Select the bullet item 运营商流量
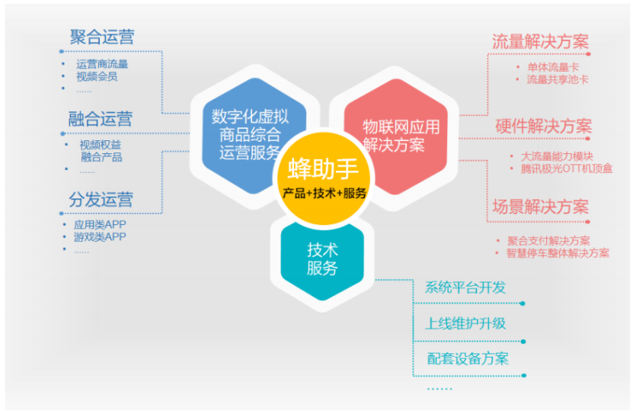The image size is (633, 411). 102,64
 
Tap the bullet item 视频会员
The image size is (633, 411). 97,76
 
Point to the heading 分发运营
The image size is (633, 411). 101,200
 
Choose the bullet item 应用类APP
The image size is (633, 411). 99,225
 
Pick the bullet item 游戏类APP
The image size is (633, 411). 99,237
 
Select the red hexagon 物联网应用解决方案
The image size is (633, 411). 392,133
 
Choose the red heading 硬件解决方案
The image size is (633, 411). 543,126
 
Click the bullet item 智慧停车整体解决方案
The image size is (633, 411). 558,253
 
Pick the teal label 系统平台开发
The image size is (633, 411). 465,287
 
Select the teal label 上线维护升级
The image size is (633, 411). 465,323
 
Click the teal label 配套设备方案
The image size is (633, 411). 467,358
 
